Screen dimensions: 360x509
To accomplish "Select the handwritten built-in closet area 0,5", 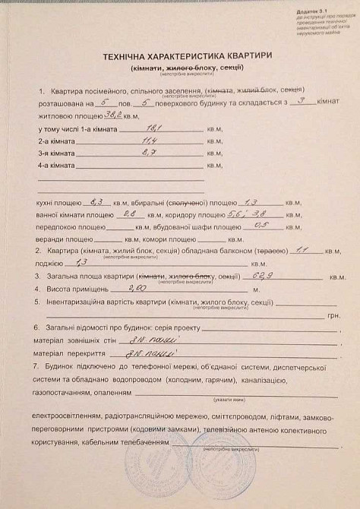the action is tap(262, 226).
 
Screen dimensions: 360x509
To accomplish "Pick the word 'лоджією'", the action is tap(50, 263).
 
